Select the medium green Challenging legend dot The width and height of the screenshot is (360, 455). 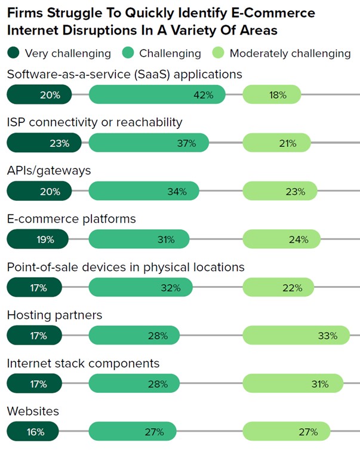coord(128,53)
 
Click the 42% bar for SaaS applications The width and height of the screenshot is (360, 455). coord(157,94)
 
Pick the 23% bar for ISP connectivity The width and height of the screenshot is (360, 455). coord(39,143)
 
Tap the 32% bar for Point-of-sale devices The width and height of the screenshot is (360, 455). coord(140,288)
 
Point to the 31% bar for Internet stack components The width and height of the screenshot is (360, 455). coord(293,384)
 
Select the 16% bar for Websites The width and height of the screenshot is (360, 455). coord(33,432)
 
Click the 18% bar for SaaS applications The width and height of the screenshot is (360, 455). coord(272,94)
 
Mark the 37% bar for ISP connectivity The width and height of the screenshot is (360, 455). coord(149,143)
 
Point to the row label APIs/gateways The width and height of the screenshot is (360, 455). coord(49,171)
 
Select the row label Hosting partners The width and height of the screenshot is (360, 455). coord(54,315)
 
